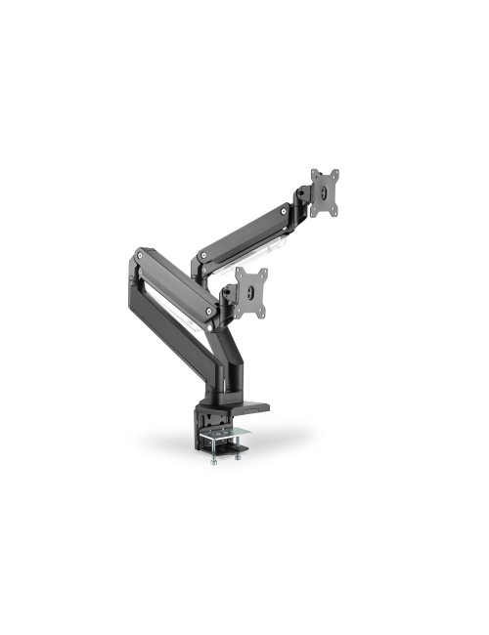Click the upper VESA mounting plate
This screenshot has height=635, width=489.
tap(325, 193)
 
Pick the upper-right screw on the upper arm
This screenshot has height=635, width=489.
tap(283, 211)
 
